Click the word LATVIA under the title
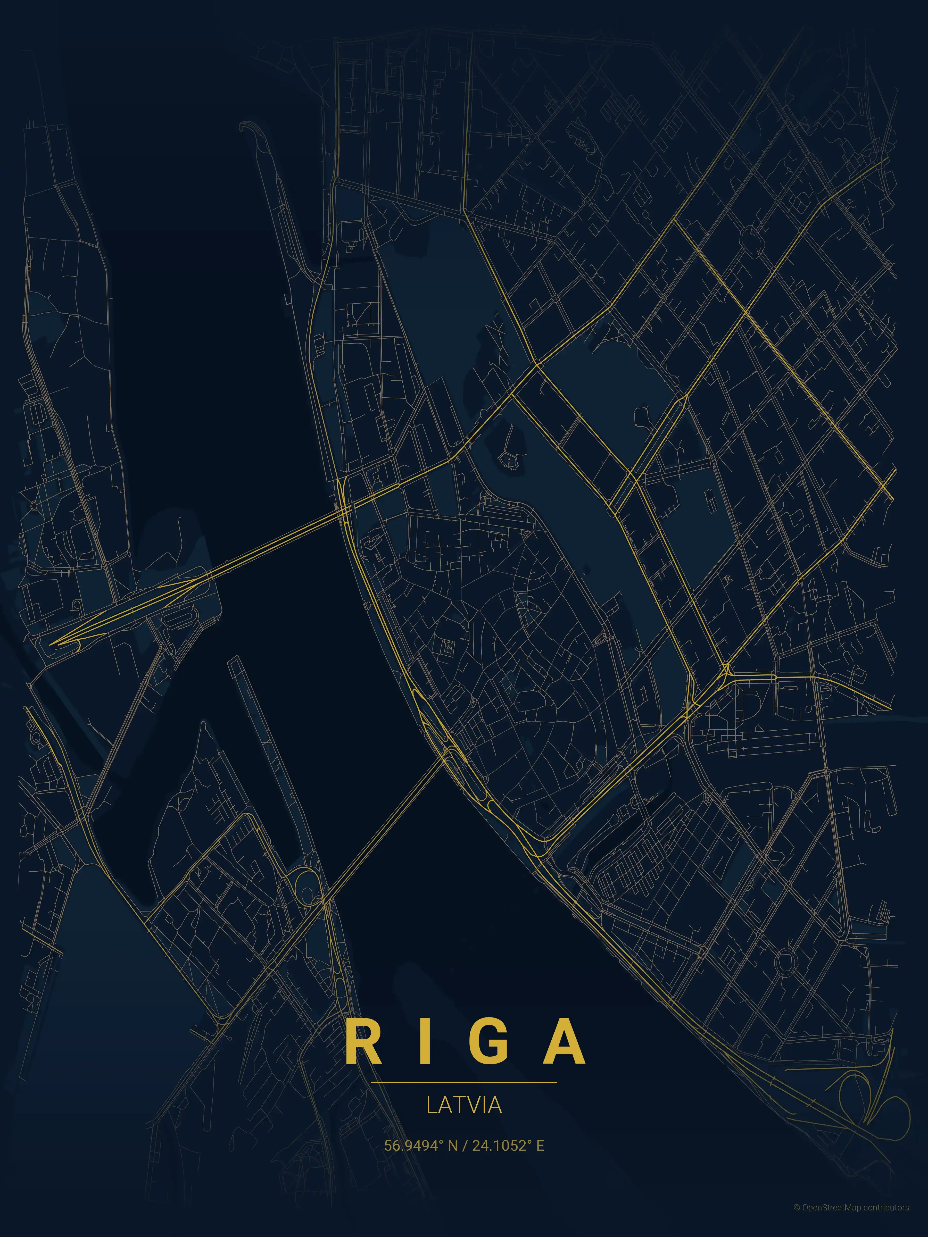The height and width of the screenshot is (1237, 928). pos(464,1105)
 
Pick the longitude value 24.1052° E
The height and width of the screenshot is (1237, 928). pos(508,1145)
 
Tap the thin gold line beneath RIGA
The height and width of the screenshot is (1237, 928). pos(464,1082)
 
